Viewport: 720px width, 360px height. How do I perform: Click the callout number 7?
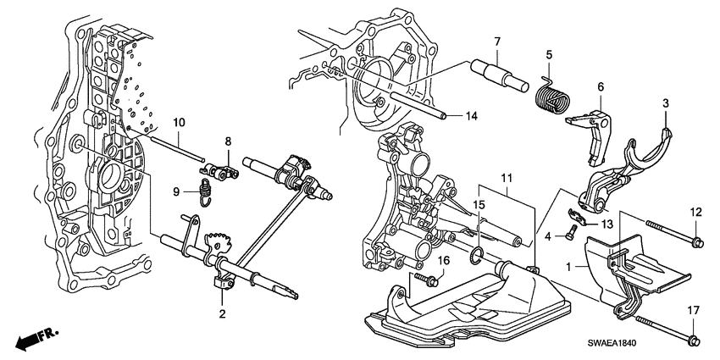pos(497,42)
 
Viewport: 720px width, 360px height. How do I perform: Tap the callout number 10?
pos(179,124)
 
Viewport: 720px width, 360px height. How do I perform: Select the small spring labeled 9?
pos(202,192)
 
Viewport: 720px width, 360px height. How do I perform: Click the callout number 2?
pos(223,314)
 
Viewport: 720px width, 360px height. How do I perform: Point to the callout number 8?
pos(227,141)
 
